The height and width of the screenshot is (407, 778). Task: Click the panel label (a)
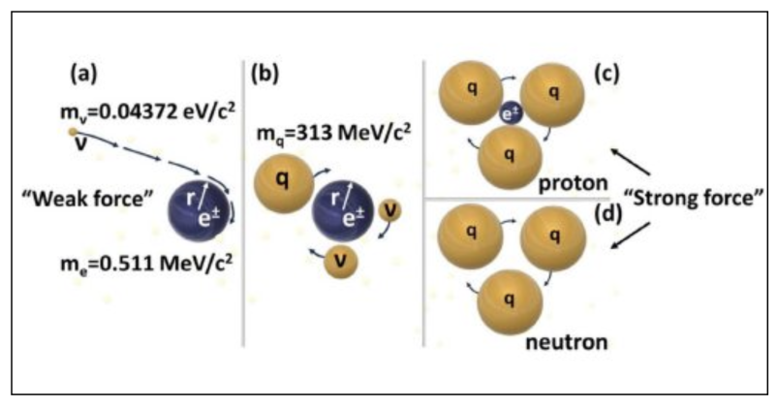pyautogui.click(x=84, y=74)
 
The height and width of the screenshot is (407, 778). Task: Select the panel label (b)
pyautogui.click(x=265, y=74)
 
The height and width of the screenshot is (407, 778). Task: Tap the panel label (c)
pyautogui.click(x=607, y=74)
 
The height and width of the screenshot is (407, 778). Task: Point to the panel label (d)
pyautogui.click(x=607, y=214)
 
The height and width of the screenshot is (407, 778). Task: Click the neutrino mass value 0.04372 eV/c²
pyautogui.click(x=147, y=111)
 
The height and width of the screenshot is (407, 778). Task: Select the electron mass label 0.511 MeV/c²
pyautogui.click(x=146, y=263)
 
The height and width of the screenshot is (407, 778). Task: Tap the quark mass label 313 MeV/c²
pyautogui.click(x=333, y=134)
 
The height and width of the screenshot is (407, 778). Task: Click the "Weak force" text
pyautogui.click(x=88, y=199)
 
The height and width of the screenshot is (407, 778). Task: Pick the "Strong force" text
pyautogui.click(x=694, y=198)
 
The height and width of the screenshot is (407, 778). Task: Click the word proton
pyautogui.click(x=573, y=183)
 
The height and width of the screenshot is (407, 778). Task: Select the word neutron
pyautogui.click(x=567, y=342)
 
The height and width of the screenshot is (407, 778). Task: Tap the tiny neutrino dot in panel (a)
pyautogui.click(x=73, y=132)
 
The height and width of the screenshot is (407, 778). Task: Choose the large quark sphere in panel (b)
pyautogui.click(x=284, y=183)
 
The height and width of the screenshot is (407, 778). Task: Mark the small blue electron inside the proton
pyautogui.click(x=511, y=113)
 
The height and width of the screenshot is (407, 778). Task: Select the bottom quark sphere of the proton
pyautogui.click(x=509, y=157)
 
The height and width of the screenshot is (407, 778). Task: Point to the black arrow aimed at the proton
pyautogui.click(x=630, y=161)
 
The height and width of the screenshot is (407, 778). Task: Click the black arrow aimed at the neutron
pyautogui.click(x=630, y=235)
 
